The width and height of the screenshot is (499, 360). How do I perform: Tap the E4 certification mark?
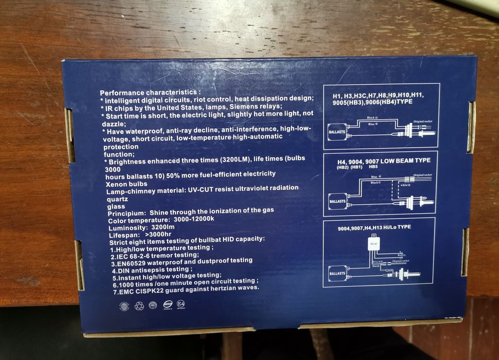pyautogui.click(x=181, y=304)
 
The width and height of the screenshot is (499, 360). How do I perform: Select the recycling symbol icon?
pyautogui.click(x=139, y=305)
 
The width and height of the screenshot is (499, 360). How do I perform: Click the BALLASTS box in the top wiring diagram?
pyautogui.click(x=337, y=132)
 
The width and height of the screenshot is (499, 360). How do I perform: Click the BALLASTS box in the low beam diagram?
pyautogui.click(x=337, y=201)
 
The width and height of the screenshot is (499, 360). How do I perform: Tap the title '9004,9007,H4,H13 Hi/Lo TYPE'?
pyautogui.click(x=374, y=227)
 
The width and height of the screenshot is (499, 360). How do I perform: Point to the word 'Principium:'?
pyautogui.click(x=126, y=212)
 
